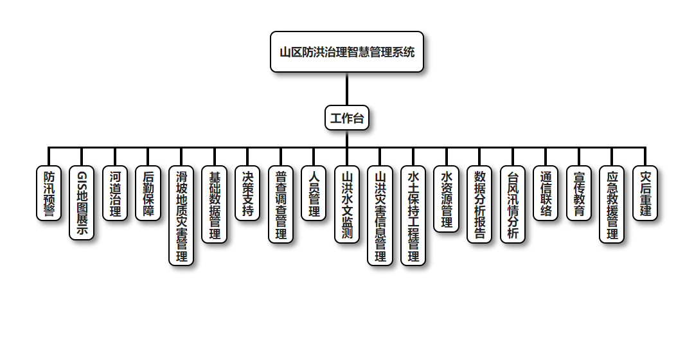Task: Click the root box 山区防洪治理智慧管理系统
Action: (347, 52)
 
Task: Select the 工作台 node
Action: (347, 118)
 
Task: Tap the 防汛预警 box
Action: (49, 194)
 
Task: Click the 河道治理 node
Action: (115, 194)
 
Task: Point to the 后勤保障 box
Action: (148, 194)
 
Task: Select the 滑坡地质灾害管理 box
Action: (182, 216)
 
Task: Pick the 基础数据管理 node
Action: (215, 204)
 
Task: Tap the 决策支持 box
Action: (248, 194)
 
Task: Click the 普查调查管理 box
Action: (281, 204)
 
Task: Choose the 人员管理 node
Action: (314, 194)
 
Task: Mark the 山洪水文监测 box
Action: (347, 204)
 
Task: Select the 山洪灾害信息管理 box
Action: (380, 216)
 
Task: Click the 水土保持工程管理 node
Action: (413, 216)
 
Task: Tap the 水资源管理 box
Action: (447, 199)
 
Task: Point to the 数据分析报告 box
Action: (479, 204)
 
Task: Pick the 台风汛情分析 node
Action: (513, 204)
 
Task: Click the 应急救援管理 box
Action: (612, 204)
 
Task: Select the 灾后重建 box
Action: (645, 194)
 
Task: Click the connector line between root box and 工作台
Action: (347, 89)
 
